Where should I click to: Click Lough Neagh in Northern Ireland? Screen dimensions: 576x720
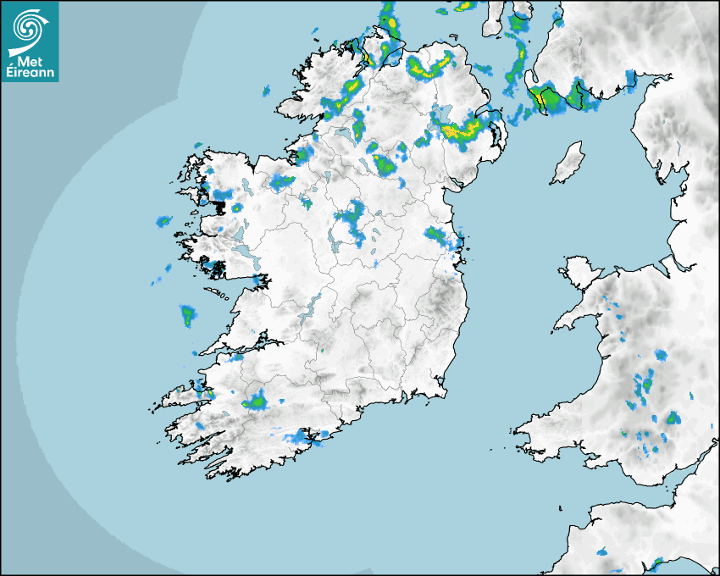442,114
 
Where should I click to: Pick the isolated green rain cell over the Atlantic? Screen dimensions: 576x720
187,315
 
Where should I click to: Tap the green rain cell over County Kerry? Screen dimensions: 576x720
256,401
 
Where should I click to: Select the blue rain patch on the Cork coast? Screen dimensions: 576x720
301,437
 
